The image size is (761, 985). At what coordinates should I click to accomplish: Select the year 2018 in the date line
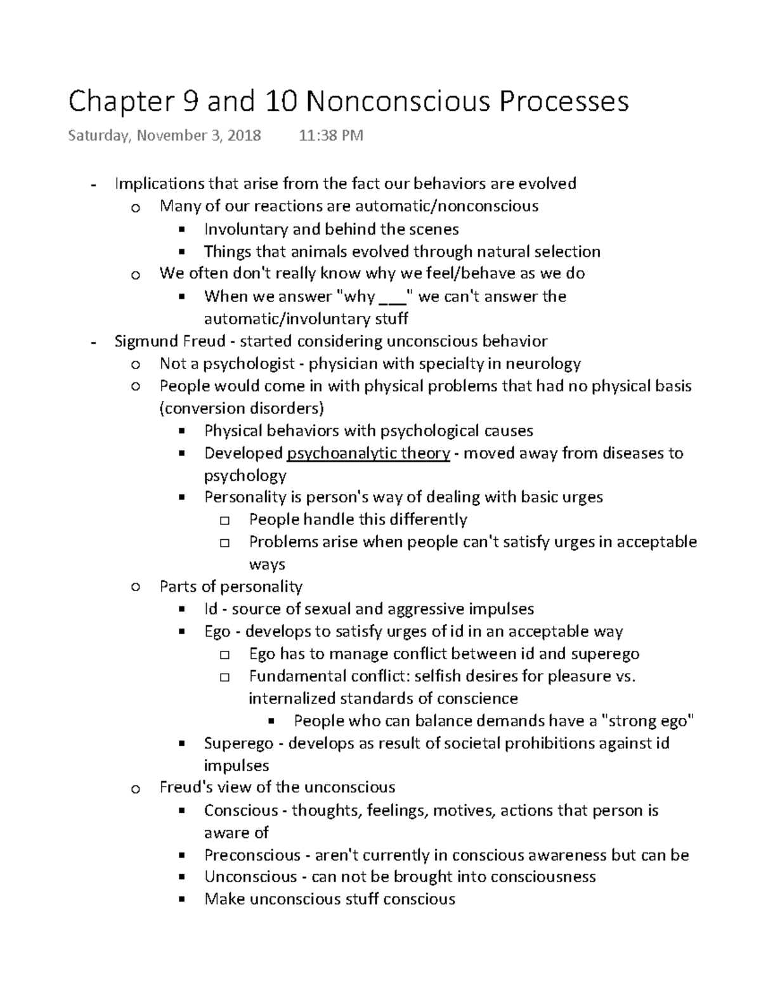click(244, 135)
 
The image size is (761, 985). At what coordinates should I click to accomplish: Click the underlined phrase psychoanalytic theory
click(368, 453)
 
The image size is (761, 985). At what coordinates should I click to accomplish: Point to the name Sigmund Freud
click(169, 341)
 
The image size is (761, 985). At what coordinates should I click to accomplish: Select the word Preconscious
click(252, 855)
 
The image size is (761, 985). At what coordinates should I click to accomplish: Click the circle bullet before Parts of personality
click(134, 587)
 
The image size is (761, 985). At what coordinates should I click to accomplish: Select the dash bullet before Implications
click(94, 185)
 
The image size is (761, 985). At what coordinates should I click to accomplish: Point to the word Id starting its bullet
click(211, 610)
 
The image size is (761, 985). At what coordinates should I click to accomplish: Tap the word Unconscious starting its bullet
click(250, 877)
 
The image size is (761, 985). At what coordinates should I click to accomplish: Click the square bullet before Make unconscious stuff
click(181, 899)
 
